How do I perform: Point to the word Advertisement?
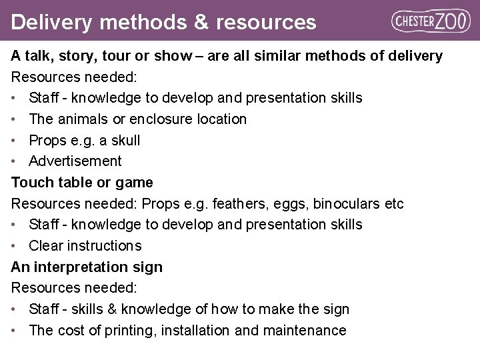point(75,161)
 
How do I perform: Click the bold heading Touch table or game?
point(82,182)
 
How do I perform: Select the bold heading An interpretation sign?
point(87,267)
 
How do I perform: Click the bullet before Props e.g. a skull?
point(15,141)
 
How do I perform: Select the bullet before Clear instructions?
point(15,246)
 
